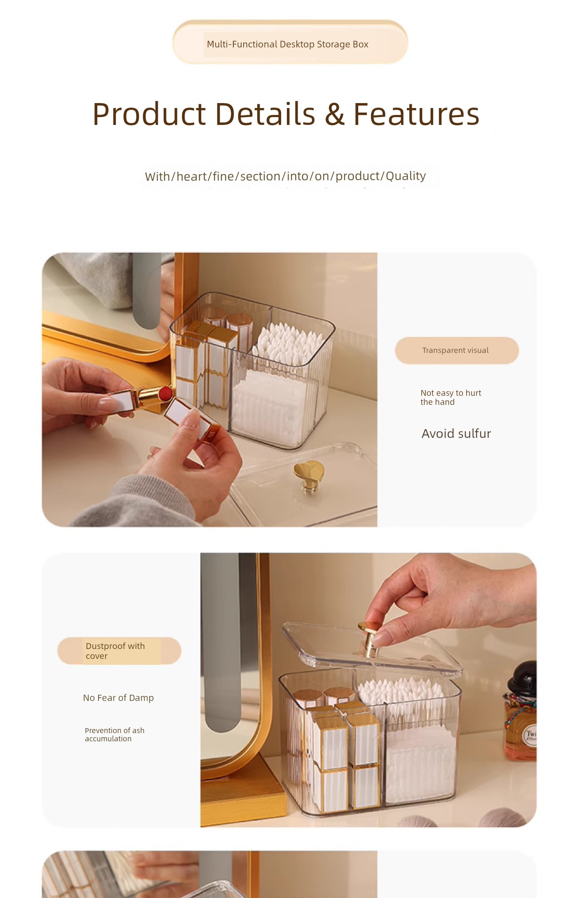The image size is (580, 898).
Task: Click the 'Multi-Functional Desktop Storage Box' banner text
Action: tap(287, 44)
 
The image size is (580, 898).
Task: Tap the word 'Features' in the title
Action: tap(416, 114)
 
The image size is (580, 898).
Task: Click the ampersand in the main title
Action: tap(334, 115)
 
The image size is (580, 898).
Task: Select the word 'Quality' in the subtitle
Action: tap(406, 176)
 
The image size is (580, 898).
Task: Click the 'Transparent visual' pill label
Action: tap(456, 350)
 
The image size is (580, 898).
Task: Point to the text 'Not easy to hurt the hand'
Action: tap(451, 397)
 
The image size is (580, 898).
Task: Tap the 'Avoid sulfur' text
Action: tap(456, 434)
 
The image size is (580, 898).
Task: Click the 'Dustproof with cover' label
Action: tap(115, 651)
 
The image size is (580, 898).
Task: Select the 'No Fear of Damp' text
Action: tap(118, 698)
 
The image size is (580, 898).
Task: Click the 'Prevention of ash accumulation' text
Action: tap(115, 735)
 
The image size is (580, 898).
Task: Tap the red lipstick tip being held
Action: tap(165, 393)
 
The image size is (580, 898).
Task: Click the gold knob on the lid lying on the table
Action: tap(309, 474)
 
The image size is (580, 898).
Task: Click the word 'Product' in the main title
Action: tap(149, 114)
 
